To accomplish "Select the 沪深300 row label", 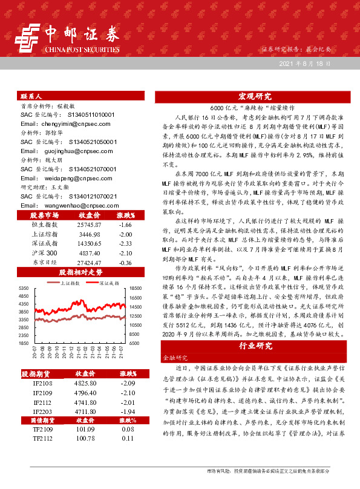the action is point(45,253).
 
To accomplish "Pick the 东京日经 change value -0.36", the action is point(126,263).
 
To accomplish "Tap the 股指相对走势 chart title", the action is point(77,272).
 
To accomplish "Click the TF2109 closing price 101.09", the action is point(88,446).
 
